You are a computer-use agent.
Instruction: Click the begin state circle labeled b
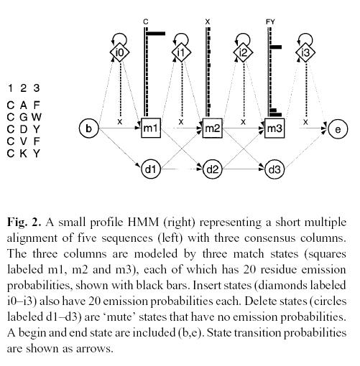[x=88, y=128]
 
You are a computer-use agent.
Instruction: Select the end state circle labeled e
[x=338, y=129]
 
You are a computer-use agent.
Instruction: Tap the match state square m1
[x=151, y=128]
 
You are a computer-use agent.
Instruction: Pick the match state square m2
[x=213, y=128]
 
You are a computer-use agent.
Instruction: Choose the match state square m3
[x=274, y=128]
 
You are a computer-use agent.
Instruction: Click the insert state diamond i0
[x=119, y=52]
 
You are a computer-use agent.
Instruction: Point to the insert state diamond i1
[x=181, y=52]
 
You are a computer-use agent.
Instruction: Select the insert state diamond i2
[x=243, y=52]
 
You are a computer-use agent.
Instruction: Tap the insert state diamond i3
[x=305, y=52]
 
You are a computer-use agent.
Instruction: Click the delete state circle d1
[x=151, y=169]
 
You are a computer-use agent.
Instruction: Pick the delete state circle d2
[x=213, y=169]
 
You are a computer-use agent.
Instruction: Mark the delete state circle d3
[x=274, y=169]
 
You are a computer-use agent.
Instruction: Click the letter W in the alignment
[x=37, y=117]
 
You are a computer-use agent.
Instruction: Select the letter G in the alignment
[x=23, y=117]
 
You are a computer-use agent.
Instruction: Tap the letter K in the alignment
[x=23, y=154]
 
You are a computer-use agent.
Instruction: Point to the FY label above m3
[x=270, y=22]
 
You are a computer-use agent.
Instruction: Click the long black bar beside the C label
[x=156, y=34]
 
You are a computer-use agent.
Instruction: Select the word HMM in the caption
[x=143, y=222]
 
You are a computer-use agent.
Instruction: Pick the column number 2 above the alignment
[x=23, y=88]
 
